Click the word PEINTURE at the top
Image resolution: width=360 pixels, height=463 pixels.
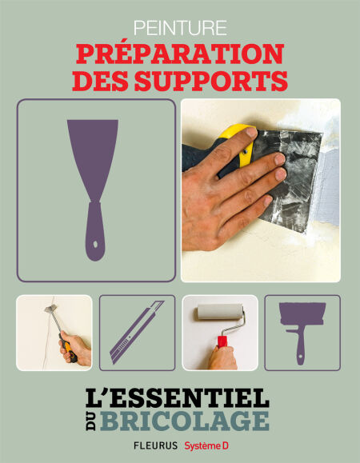[180, 28]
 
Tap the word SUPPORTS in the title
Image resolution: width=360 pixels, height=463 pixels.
[211, 81]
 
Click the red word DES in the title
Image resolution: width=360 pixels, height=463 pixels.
[101, 81]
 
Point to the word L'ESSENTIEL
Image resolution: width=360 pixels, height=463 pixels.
[178, 397]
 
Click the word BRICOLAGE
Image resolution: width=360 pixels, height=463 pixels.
[184, 421]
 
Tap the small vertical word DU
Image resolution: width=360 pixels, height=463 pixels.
[91, 421]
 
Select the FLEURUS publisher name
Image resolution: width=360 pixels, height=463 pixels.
[155, 445]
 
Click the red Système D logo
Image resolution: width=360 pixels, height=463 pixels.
[206, 446]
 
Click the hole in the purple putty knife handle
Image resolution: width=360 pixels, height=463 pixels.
[95, 245]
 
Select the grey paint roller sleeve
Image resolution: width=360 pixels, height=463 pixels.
[220, 312]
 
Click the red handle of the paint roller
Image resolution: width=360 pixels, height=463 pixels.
[222, 341]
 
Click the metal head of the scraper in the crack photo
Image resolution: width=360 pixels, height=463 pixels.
[50, 309]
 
